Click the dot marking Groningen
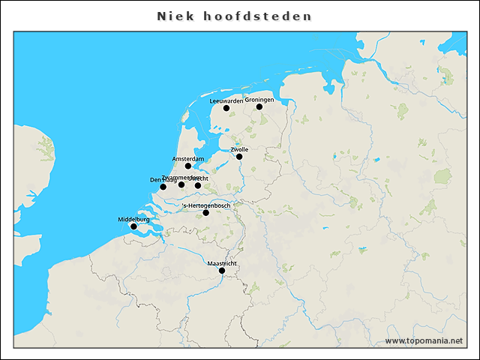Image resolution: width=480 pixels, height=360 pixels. coord(259,106)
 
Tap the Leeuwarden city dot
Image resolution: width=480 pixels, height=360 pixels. coord(226,108)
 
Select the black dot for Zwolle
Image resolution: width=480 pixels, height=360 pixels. coord(239,157)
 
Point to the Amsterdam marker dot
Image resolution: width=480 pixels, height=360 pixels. coord(188,166)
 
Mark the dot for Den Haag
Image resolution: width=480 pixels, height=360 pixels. coord(163,187)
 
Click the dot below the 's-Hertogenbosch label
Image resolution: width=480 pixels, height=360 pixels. coord(206,212)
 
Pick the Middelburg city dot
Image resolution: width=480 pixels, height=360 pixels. coord(133,226)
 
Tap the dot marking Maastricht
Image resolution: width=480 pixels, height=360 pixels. coord(221,271)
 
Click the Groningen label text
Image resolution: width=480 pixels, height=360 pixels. coord(259,99)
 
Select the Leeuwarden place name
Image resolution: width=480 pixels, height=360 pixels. coord(226,100)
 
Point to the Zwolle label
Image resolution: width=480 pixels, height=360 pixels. coord(239,149)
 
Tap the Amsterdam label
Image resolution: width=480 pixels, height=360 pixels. coord(188,158)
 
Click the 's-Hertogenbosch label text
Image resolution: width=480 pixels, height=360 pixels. coord(207,205)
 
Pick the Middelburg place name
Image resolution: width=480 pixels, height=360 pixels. coord(133,219)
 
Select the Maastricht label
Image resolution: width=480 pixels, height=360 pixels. coord(222,263)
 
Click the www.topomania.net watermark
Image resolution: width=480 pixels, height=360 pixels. coord(424,340)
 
